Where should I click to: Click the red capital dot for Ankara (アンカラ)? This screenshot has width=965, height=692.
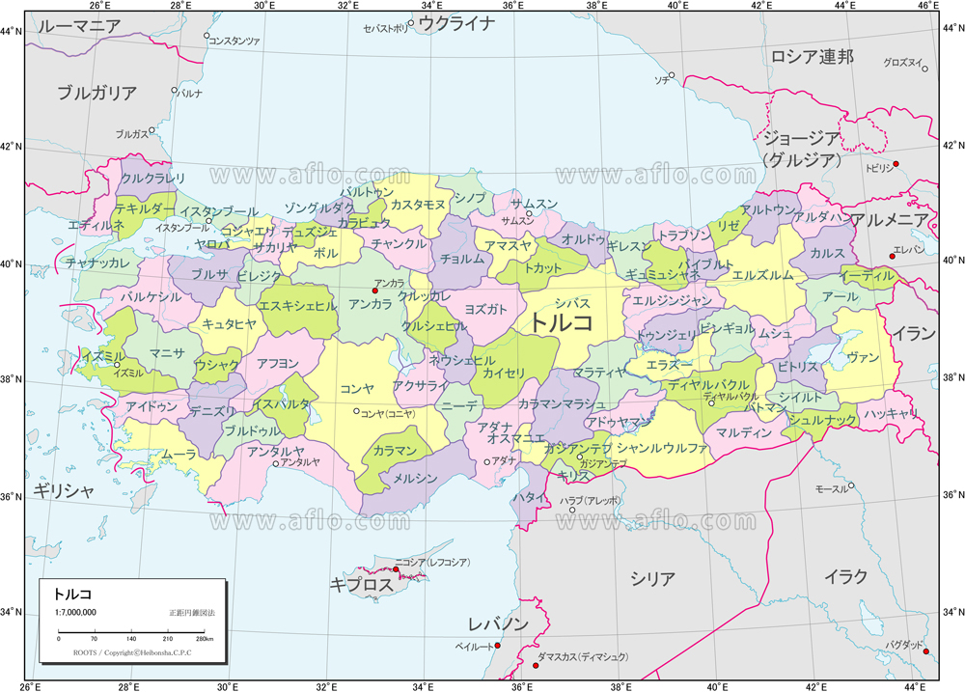[x=375, y=291]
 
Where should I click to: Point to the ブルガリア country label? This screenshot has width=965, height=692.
[x=96, y=94]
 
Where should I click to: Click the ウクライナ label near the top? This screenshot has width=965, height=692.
[x=457, y=24]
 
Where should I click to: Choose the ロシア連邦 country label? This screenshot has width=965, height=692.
[x=812, y=57]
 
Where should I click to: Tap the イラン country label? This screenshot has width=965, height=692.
[x=912, y=334]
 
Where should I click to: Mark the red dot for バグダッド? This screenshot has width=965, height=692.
[x=925, y=651]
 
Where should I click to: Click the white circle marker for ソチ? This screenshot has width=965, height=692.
[x=672, y=75]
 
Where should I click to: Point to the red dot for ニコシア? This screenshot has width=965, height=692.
[x=396, y=568]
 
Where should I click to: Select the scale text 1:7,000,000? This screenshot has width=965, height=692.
[x=74, y=613]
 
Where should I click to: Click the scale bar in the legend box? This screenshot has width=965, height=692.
[x=131, y=633]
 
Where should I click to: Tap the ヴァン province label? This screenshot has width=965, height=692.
[x=862, y=358]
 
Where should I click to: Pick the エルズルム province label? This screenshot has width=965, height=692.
[x=763, y=275]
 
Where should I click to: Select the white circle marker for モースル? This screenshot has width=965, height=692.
[x=850, y=485]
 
